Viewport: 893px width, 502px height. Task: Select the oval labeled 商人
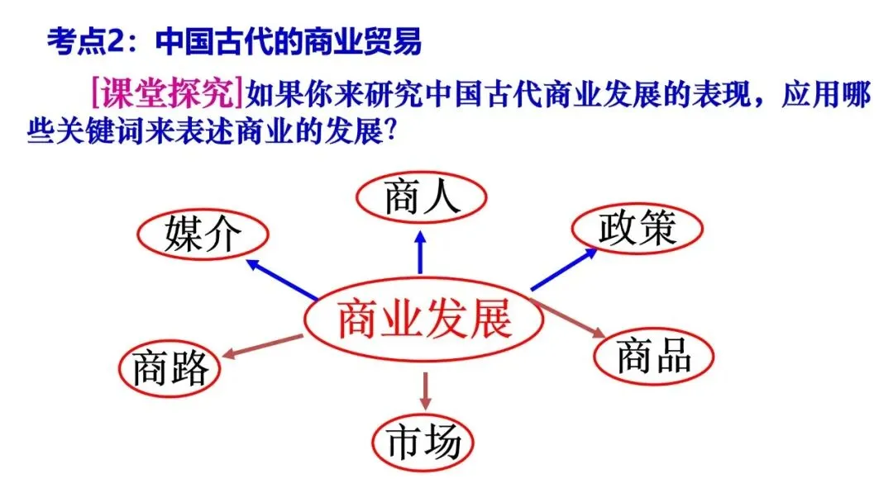421,199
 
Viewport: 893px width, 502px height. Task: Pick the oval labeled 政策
638,227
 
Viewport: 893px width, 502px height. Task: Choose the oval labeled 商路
171,367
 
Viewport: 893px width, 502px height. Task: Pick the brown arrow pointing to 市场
426,391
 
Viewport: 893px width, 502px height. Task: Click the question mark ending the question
400,133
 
